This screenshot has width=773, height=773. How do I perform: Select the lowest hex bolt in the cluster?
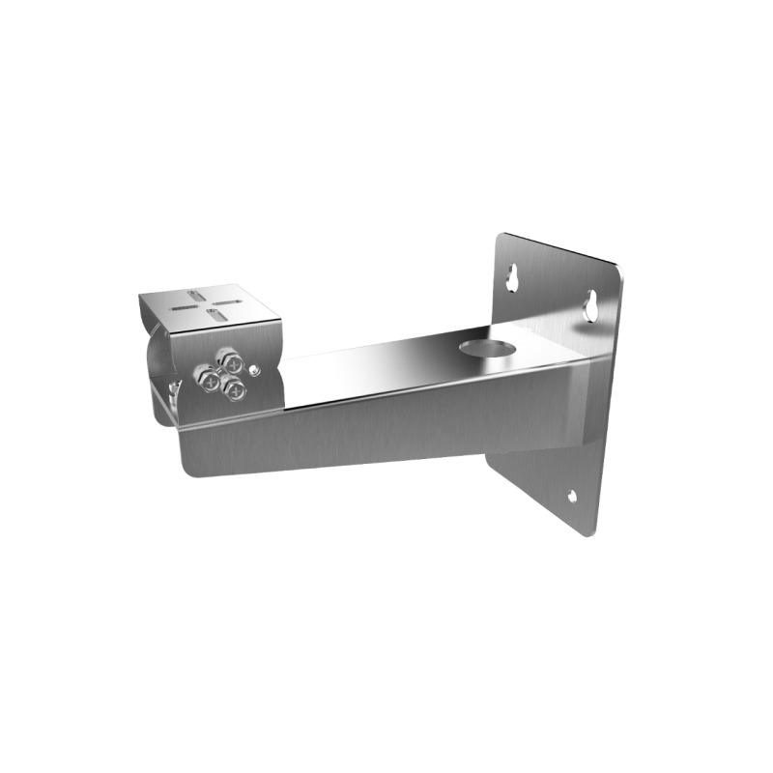click(x=232, y=387)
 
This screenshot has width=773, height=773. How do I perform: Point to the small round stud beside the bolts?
click(x=253, y=368)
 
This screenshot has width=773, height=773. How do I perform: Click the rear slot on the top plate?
click(x=197, y=291)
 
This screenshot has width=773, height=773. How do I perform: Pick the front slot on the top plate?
click(x=222, y=316)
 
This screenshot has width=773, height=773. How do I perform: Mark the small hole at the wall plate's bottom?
click(x=572, y=498)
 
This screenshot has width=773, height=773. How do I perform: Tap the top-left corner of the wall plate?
click(x=500, y=235)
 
